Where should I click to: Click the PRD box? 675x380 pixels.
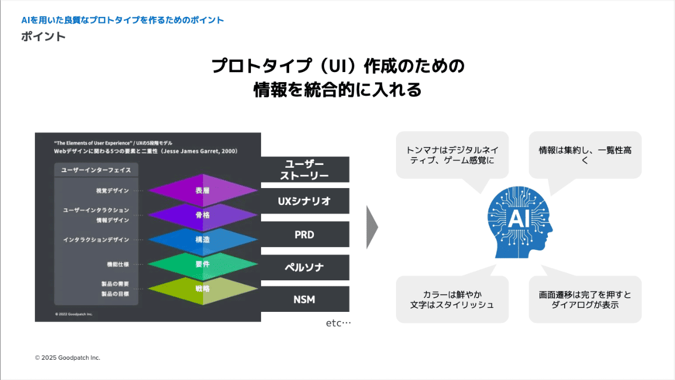(x=304, y=235)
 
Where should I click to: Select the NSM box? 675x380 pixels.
(x=304, y=299)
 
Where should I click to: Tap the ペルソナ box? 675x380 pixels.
(x=304, y=267)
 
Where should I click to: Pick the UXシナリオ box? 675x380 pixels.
(x=304, y=201)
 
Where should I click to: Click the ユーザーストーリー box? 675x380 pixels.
(x=304, y=169)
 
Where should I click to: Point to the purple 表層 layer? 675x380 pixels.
(x=202, y=191)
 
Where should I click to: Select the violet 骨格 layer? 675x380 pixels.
(x=202, y=215)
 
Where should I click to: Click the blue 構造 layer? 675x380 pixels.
(x=202, y=239)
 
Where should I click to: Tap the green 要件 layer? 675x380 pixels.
(x=202, y=263)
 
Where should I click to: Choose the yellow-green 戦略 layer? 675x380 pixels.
(x=202, y=288)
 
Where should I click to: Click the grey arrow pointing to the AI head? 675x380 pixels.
(x=371, y=227)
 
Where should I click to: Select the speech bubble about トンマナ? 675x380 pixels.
(x=452, y=155)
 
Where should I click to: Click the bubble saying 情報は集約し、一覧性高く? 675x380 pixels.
(x=585, y=155)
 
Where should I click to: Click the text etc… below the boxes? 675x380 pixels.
(x=338, y=324)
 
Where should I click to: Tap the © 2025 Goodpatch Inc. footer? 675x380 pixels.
(x=67, y=357)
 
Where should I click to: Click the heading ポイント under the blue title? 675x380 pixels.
(x=43, y=37)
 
